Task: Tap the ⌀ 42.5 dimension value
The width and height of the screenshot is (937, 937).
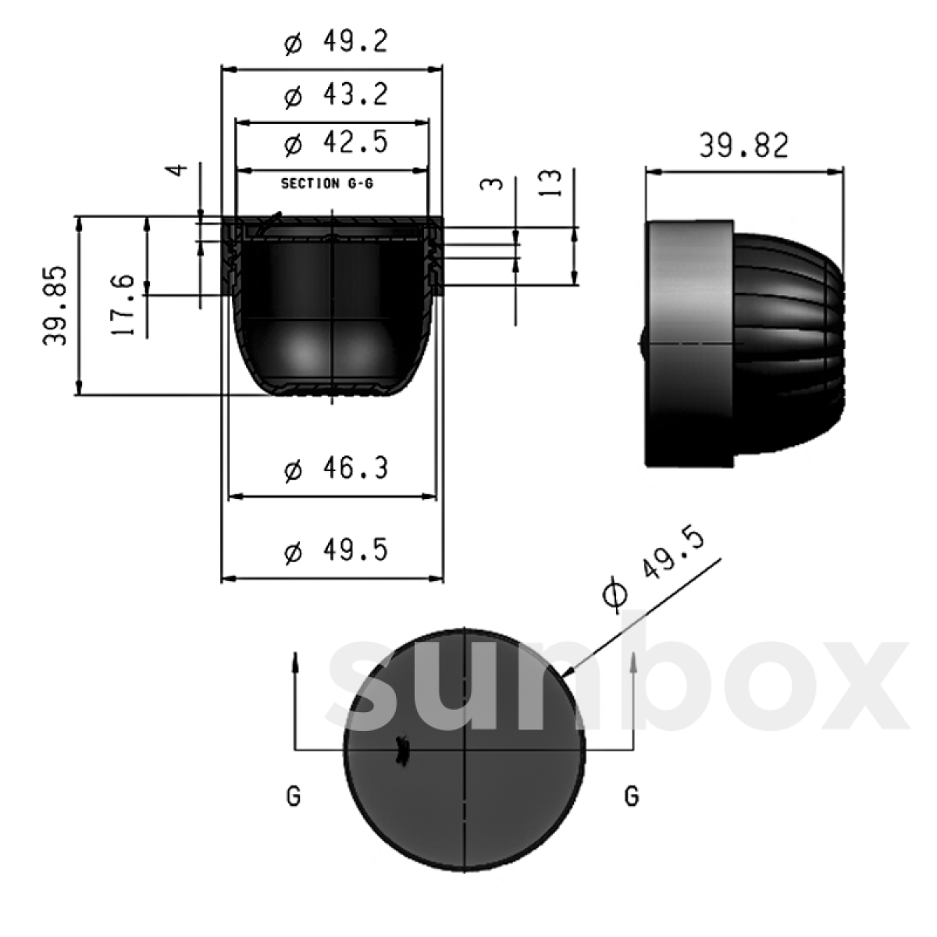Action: point(336,144)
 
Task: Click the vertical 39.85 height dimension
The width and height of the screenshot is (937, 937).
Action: point(55,306)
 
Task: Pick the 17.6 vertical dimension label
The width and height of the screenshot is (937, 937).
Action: point(123,305)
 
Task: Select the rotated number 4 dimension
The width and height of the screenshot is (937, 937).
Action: point(178,169)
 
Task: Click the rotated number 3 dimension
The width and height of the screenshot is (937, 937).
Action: point(490,185)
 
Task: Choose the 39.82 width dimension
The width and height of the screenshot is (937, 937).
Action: point(743,146)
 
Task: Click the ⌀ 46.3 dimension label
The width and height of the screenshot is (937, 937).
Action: point(336,470)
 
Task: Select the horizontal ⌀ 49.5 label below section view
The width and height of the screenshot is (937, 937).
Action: point(336,551)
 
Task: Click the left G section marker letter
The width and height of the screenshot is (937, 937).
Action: point(294,797)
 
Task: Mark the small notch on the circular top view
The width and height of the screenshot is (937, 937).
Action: point(403,750)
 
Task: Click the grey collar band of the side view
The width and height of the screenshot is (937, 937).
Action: point(689,344)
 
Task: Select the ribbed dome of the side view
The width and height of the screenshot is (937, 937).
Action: point(789,344)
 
